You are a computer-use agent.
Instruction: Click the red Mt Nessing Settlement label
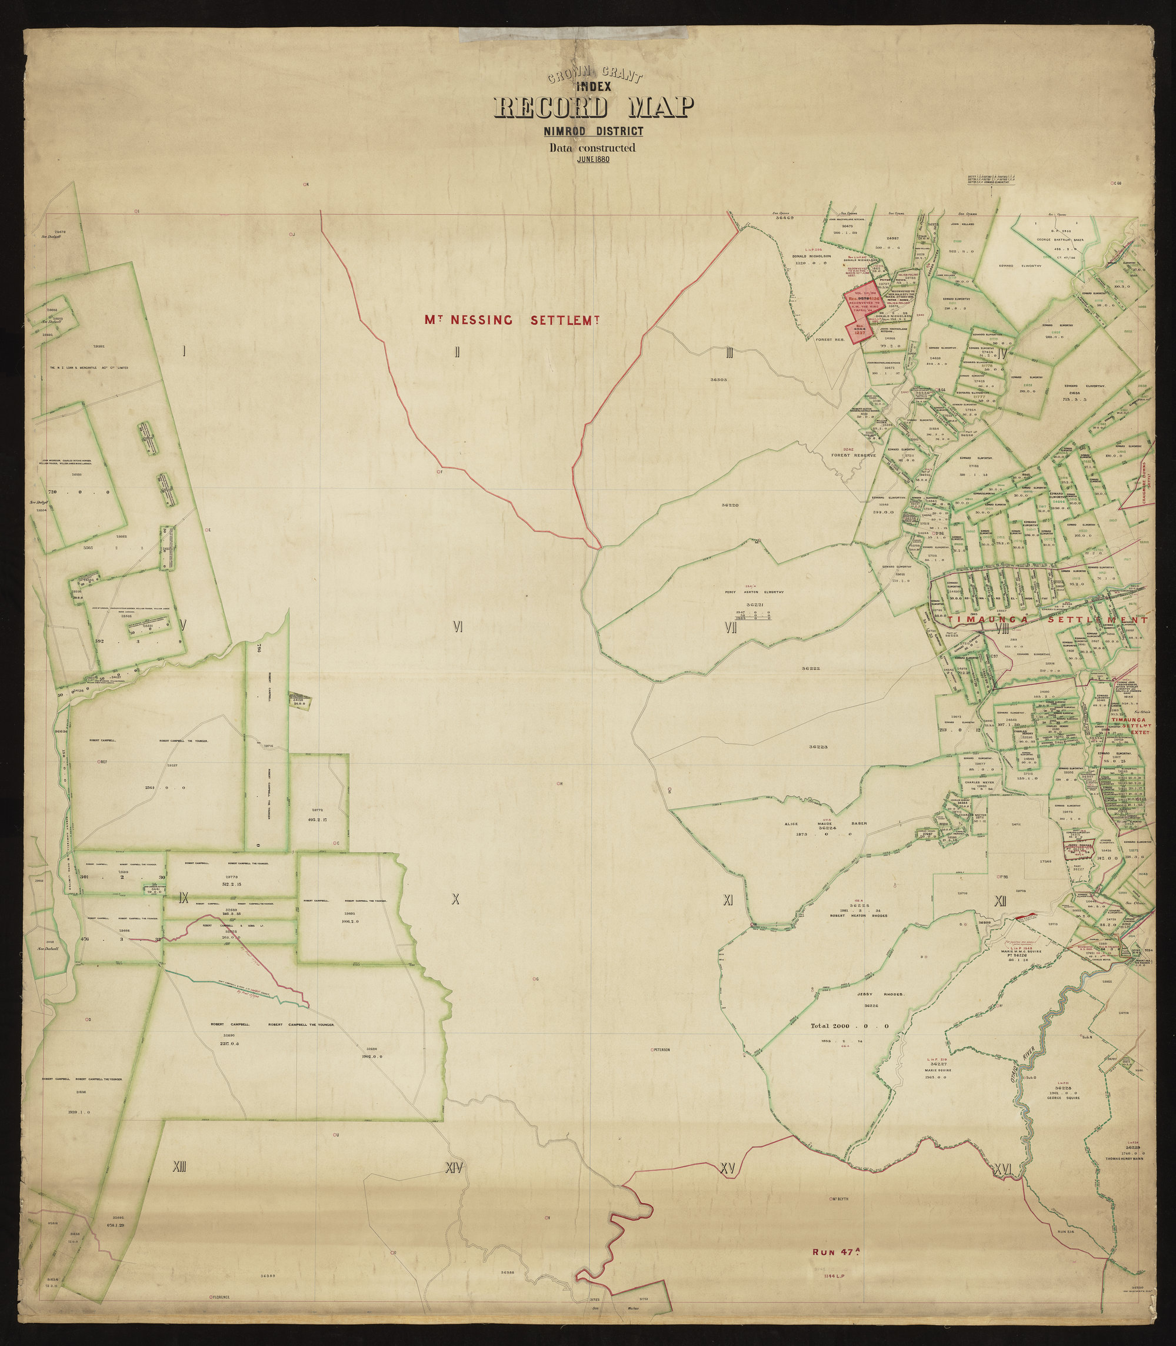pyautogui.click(x=512, y=320)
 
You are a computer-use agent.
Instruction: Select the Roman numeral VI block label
pyautogui.click(x=458, y=627)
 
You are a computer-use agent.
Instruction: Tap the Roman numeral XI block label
pyautogui.click(x=727, y=901)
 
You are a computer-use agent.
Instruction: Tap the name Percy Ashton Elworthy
pyautogui.click(x=751, y=591)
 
